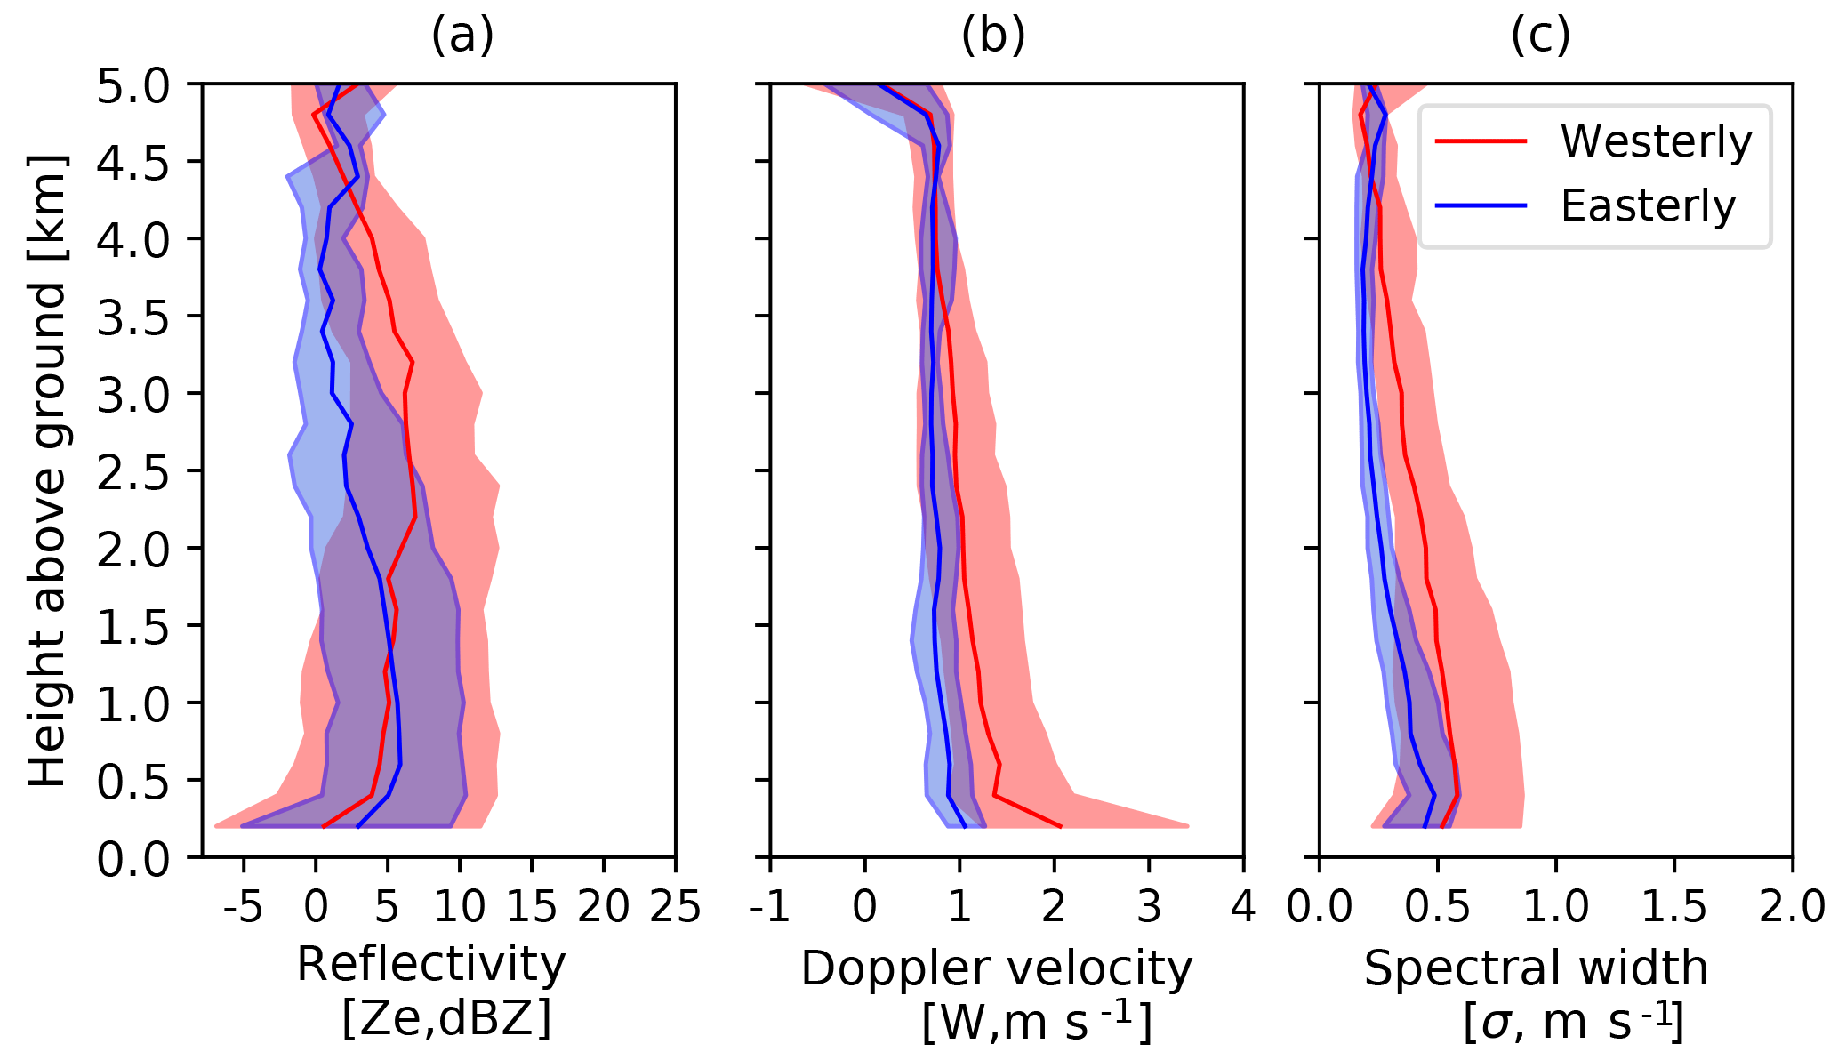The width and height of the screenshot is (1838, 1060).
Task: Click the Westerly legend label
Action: [1656, 141]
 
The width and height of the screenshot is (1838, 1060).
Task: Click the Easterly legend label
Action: [1648, 206]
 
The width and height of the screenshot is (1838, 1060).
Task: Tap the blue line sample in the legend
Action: [1481, 205]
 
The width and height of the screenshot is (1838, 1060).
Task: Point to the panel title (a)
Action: [462, 36]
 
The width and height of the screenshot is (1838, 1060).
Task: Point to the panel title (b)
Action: [993, 36]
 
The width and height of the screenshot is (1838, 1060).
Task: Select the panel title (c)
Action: [1540, 36]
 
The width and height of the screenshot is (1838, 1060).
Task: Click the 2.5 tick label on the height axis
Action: [133, 471]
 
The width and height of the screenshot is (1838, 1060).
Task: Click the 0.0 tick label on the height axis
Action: [133, 859]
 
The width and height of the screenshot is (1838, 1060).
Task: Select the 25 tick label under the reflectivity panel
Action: [674, 908]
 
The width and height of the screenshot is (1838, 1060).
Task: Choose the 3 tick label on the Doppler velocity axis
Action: [1149, 908]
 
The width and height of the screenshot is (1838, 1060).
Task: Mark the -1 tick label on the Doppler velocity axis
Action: [769, 908]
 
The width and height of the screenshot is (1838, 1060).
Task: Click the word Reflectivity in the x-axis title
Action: [431, 965]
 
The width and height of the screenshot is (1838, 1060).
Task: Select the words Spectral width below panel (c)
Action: [1536, 968]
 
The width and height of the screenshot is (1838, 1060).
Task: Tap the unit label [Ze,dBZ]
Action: [446, 1019]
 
